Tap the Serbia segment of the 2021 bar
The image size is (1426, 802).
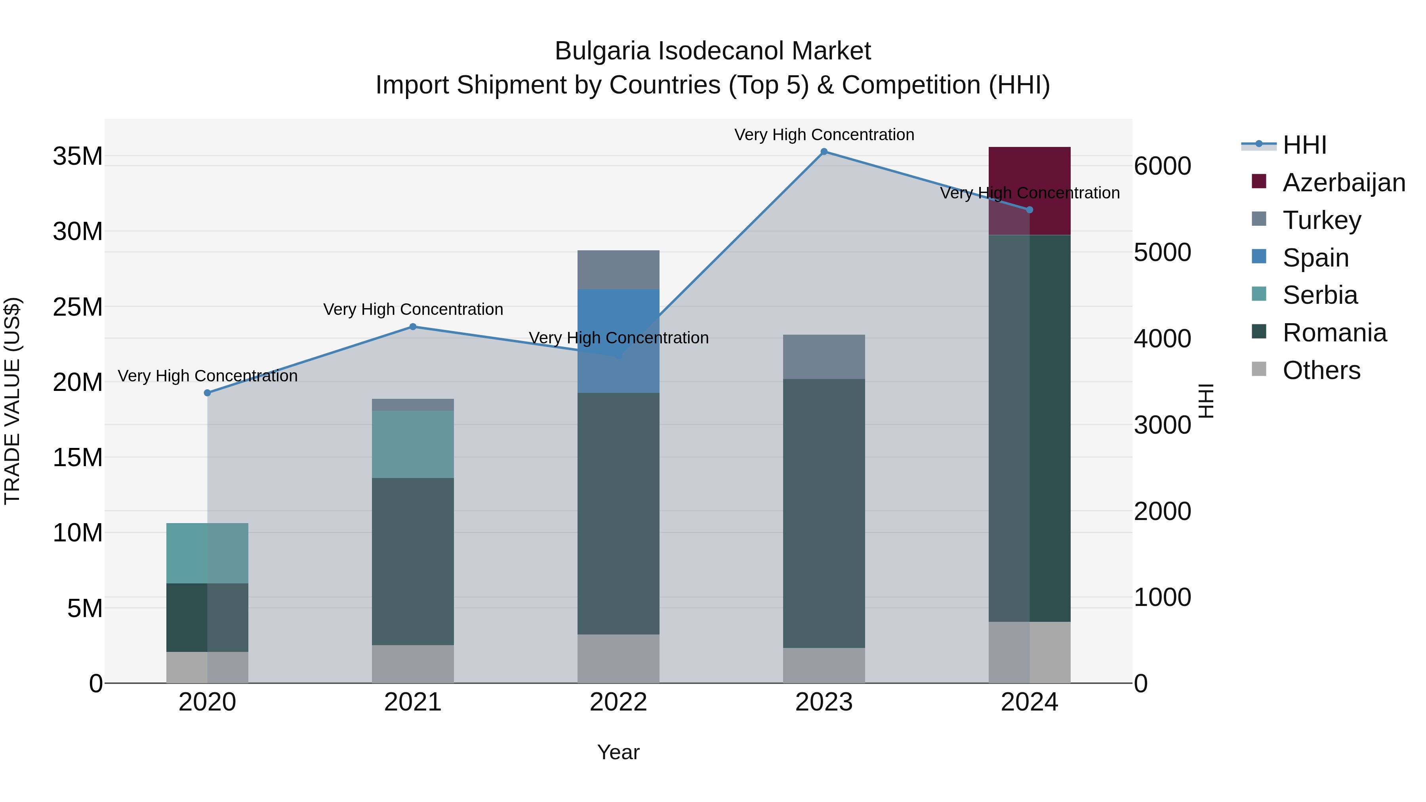click(412, 444)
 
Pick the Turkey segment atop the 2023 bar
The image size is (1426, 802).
click(824, 356)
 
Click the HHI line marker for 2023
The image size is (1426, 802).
click(824, 152)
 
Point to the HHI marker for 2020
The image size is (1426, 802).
click(208, 393)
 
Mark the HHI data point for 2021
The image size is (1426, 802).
click(412, 327)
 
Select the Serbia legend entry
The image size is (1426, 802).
click(1320, 295)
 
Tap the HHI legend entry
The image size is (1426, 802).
click(1304, 145)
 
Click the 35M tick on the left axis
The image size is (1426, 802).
click(78, 156)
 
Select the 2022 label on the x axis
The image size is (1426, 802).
click(618, 702)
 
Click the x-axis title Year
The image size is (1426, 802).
click(618, 752)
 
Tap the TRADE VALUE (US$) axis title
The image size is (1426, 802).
click(12, 401)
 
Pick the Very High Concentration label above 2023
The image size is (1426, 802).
click(824, 135)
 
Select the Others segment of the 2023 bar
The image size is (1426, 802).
click(824, 665)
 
